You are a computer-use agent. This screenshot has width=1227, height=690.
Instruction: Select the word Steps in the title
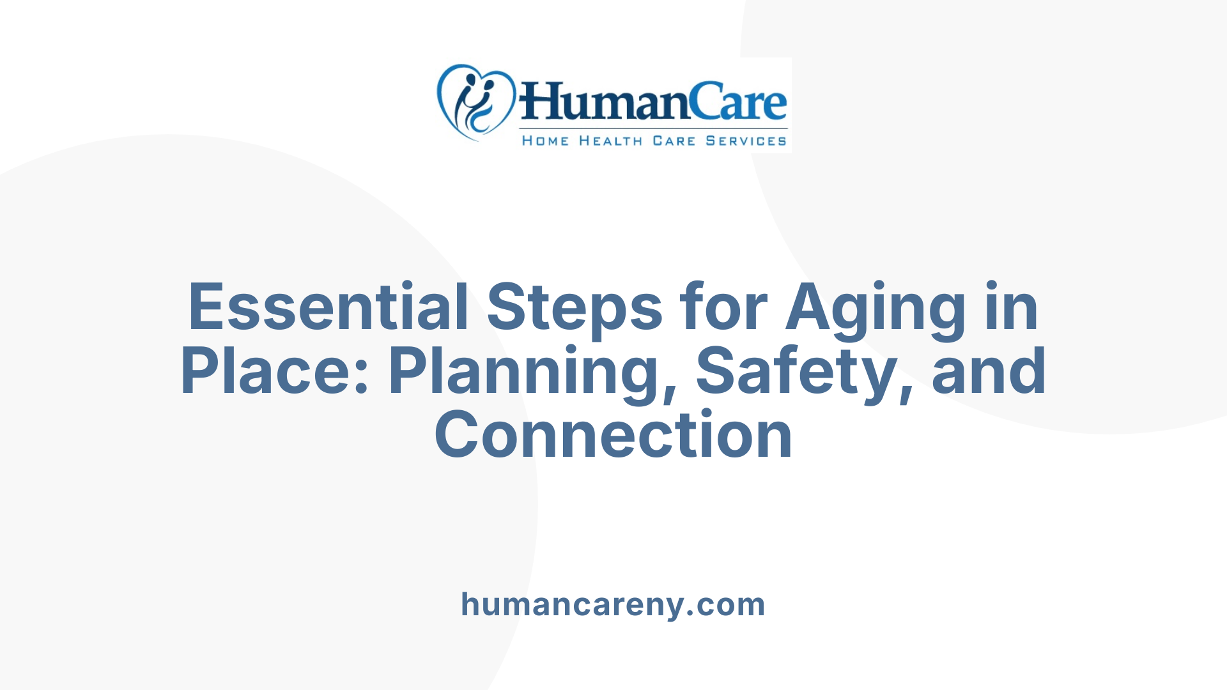[x=575, y=307]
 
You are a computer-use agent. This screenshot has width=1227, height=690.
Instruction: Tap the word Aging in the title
[x=876, y=309]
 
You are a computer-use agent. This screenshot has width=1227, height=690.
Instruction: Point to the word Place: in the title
[x=275, y=371]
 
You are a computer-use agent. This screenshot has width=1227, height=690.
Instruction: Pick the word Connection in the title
[x=613, y=435]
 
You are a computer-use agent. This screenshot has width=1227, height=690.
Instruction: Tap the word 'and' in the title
[x=989, y=371]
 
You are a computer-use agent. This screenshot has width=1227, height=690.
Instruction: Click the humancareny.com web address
[x=613, y=604]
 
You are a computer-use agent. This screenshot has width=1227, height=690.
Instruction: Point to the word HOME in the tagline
[x=545, y=141]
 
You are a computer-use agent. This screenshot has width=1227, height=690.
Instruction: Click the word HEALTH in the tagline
[x=610, y=141]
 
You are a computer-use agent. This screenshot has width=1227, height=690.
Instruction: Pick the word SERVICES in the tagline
[x=746, y=141]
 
